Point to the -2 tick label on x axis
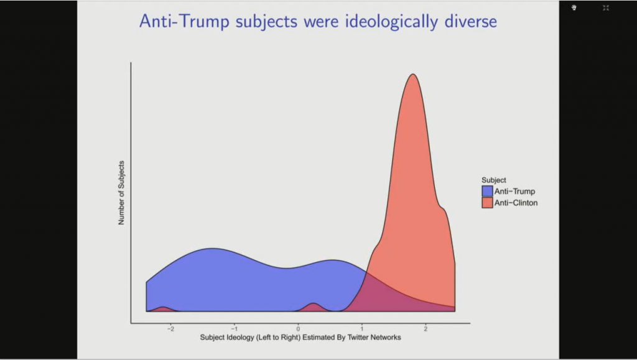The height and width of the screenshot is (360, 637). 170,328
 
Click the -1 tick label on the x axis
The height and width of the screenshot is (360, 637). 234,328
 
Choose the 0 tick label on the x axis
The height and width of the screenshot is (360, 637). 299,328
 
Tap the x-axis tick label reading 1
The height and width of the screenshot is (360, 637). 362,328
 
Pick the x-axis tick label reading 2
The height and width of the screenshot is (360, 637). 425,328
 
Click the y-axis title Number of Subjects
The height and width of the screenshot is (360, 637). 122,193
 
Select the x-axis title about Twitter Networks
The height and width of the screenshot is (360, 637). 300,338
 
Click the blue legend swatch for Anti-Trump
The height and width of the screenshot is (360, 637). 487,191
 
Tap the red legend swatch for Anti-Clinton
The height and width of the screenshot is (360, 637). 487,203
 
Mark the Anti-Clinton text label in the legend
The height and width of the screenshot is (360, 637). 516,203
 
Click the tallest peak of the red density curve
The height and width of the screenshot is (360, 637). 412,75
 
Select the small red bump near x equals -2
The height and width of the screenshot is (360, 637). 163,308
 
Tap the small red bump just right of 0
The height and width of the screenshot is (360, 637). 314,305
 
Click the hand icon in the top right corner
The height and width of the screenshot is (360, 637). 574,7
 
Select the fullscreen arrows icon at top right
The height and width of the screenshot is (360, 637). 606,7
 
